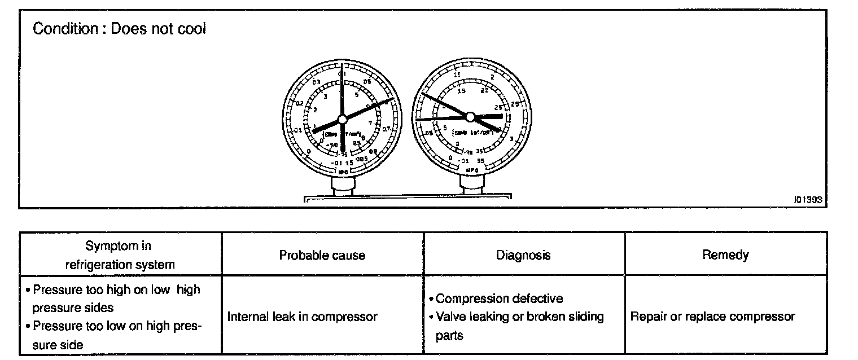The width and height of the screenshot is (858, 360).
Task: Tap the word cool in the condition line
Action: point(191,29)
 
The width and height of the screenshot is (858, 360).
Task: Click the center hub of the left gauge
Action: point(342,119)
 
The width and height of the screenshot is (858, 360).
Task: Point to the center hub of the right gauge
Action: point(470,117)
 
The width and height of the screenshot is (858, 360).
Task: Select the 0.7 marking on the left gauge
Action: point(385,129)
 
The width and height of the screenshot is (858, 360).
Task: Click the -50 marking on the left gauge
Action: point(330,146)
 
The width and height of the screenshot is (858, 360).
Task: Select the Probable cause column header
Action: point(322,255)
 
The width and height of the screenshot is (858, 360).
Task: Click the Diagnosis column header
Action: point(523,255)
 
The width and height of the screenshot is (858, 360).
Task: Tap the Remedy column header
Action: point(725,255)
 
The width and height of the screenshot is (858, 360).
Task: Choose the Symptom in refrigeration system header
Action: point(119,255)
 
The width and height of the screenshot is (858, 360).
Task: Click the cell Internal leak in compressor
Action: point(302,317)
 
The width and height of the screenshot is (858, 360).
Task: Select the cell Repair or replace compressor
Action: point(712,317)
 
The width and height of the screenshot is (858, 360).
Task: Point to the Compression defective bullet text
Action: point(499,298)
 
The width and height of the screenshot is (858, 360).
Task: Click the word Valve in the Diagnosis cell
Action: point(449,317)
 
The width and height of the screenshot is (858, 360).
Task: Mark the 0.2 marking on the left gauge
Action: point(300,104)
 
